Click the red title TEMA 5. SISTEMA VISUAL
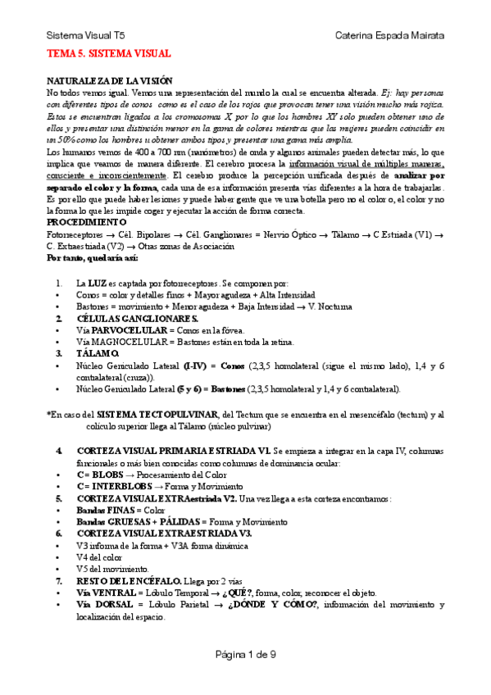pyautogui.click(x=108, y=54)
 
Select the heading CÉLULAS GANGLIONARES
pyautogui.click(x=126, y=318)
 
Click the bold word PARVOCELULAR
pyautogui.click(x=125, y=329)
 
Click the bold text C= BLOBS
pyautogui.click(x=98, y=475)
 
